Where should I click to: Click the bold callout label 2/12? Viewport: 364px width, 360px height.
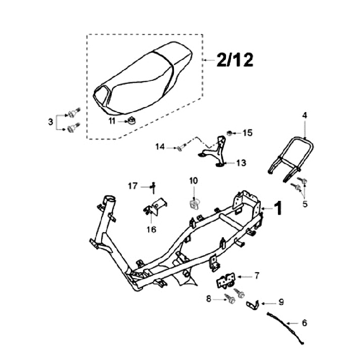[x=235, y=60]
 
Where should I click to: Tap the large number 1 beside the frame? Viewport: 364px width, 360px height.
[x=278, y=208]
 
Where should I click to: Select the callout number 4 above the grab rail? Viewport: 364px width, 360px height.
[x=304, y=115]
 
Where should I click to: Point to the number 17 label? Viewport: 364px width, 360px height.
[x=133, y=186]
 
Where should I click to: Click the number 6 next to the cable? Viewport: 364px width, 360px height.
[x=304, y=323]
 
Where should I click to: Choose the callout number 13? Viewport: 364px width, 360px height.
[x=241, y=163]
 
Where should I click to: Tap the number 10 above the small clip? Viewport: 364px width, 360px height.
[x=193, y=181]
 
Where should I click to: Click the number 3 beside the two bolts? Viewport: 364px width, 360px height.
[x=51, y=122]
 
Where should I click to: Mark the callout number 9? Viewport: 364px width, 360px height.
[x=281, y=302]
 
